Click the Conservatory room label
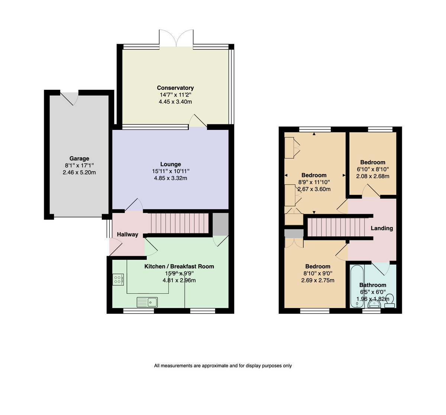pos(175,88)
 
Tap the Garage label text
pos(79,159)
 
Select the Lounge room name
pos(171,164)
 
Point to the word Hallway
pos(127,235)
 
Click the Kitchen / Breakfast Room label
pos(179,266)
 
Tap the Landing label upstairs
pos(382,228)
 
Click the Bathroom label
pos(373,285)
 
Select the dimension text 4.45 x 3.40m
pos(175,102)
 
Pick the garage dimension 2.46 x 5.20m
pos(79,172)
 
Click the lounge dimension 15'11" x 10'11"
pos(171,171)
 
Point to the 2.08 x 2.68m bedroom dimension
pos(372,176)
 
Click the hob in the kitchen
pos(118,279)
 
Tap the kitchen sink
pos(147,302)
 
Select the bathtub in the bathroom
pos(357,287)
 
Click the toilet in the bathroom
pos(390,301)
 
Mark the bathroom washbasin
pos(374,304)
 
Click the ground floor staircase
pos(180,223)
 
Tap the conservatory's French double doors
pos(176,38)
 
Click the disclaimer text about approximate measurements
pos(223,366)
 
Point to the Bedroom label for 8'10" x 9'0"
pos(317,266)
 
